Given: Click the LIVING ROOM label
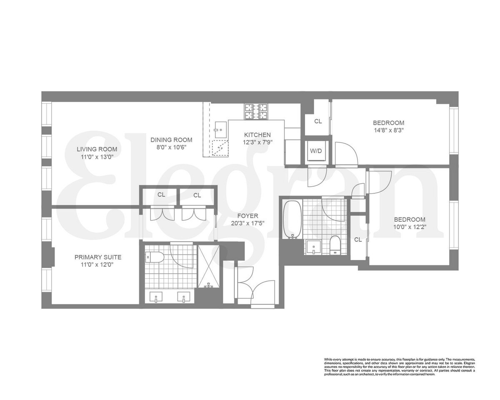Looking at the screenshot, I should (x=97, y=149).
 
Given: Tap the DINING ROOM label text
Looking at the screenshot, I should (x=171, y=140).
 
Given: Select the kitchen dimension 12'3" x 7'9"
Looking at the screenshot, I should (x=257, y=142).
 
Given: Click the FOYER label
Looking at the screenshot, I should (x=248, y=216).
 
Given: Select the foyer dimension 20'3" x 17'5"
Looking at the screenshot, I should (x=248, y=223).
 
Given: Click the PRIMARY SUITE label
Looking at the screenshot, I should (x=98, y=257).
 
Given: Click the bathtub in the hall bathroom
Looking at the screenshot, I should (x=292, y=220).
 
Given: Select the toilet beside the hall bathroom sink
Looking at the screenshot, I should (x=335, y=245).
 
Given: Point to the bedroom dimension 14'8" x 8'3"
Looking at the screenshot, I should (x=388, y=130).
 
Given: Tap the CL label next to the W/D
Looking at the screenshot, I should (x=318, y=122).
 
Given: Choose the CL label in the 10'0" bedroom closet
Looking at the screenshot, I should (x=357, y=240).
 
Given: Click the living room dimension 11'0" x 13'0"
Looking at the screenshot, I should (x=97, y=157).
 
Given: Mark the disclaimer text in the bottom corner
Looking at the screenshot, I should (x=399, y=367).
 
